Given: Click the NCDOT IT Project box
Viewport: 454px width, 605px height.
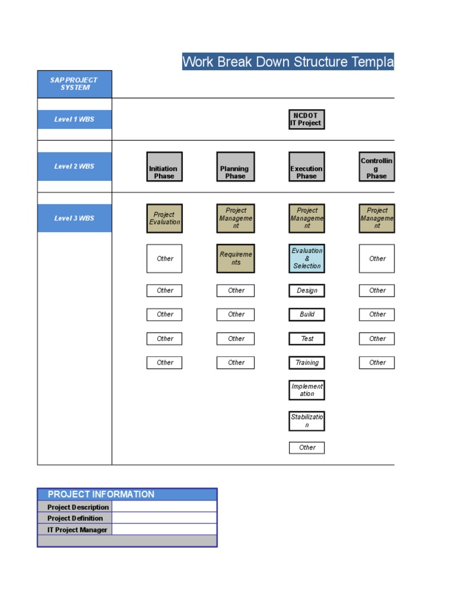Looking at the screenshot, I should (x=306, y=119).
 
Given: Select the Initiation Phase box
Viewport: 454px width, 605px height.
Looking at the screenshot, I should (x=164, y=167).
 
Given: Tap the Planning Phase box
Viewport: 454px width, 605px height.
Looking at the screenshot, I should (x=235, y=167).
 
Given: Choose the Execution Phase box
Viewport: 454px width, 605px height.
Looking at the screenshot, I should (x=306, y=167).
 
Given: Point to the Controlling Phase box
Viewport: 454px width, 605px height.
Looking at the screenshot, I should (x=377, y=167).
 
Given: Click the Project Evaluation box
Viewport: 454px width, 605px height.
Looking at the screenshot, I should (x=164, y=219).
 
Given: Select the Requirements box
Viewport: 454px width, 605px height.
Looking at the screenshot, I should (x=235, y=259).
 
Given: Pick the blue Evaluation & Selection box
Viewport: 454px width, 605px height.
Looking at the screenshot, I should (x=306, y=259).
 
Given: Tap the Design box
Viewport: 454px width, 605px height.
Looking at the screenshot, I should (x=306, y=291).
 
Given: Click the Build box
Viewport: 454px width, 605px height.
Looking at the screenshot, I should (x=306, y=314).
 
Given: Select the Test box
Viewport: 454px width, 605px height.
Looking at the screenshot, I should (x=306, y=339).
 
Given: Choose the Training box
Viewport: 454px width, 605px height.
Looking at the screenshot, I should (x=306, y=363).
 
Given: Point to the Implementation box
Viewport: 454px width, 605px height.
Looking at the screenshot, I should (x=306, y=390).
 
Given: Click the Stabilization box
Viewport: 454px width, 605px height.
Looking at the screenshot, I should (x=306, y=421).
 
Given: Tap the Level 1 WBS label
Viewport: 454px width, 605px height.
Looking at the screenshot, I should (x=74, y=119).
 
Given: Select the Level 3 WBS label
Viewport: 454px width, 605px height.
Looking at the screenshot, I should (x=74, y=219).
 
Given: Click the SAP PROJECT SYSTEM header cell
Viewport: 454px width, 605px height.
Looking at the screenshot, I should (x=74, y=84).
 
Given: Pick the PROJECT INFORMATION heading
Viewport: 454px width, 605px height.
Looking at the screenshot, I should (x=101, y=495).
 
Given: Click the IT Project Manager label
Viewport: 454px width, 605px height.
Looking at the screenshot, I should (x=77, y=530).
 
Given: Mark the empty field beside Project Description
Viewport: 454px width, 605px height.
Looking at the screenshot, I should (x=164, y=507).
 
